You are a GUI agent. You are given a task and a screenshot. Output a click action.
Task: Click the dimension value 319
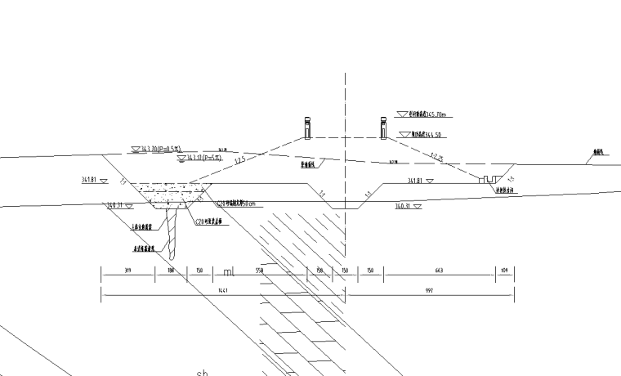coord(127,270)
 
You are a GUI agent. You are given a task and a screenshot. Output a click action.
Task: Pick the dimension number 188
coord(171,270)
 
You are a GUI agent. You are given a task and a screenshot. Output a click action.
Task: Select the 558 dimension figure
coord(261,270)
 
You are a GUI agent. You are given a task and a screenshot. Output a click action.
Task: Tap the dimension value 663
coord(440,270)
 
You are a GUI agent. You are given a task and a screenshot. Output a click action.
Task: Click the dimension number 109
coord(505,270)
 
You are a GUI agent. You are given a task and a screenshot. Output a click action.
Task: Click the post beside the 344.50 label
coord(382,128)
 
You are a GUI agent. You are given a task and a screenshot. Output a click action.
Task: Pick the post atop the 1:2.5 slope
coord(307,129)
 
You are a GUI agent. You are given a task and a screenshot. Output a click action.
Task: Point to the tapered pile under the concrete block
coord(174,233)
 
